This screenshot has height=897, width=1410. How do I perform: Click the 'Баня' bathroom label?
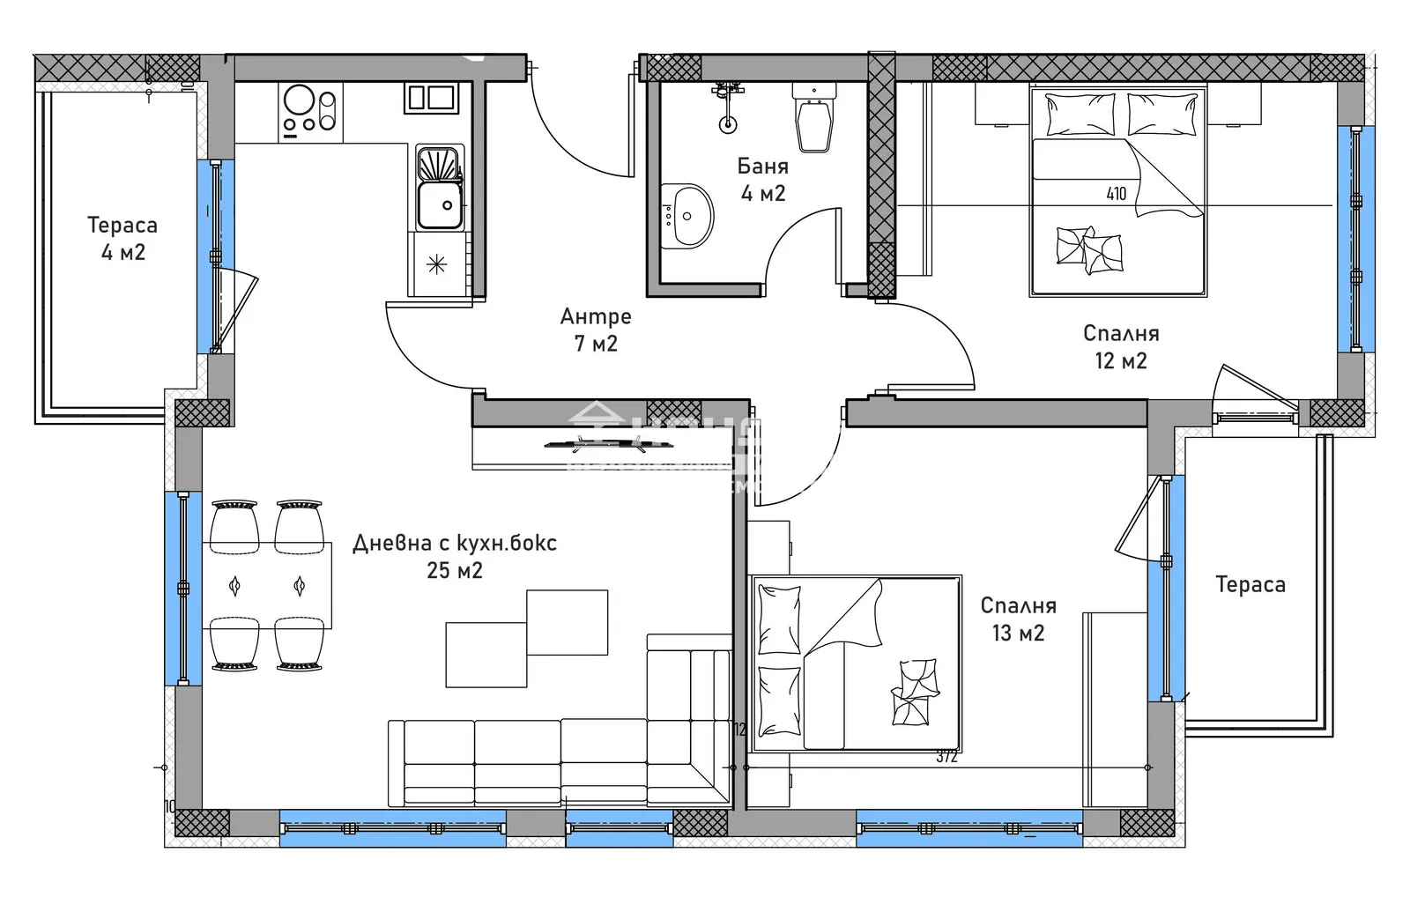coord(762,167)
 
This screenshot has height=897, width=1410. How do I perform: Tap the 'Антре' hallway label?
coord(596,316)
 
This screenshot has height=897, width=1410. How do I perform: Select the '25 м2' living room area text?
coord(455,571)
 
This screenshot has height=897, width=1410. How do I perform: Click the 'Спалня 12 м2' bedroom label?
coord(1121,346)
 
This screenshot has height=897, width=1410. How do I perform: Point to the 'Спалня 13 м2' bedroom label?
coord(1018,619)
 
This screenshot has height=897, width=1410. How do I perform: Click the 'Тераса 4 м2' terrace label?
coord(122,238)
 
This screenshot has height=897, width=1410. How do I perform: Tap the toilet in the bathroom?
coord(813,119)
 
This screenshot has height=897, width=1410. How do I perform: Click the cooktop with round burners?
coord(310,111)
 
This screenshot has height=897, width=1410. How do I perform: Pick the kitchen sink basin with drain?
coord(439,204)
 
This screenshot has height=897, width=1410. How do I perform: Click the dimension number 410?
coord(1116,194)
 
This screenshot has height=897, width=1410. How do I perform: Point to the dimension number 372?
coord(946,756)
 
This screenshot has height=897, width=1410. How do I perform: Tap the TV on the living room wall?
coord(608,444)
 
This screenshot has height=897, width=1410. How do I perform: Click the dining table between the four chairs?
coord(267,585)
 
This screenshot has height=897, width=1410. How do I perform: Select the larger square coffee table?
coord(567,622)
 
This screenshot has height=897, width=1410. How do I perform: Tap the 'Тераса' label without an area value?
coord(1250,584)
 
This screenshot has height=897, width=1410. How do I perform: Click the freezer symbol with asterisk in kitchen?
coord(436,264)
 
